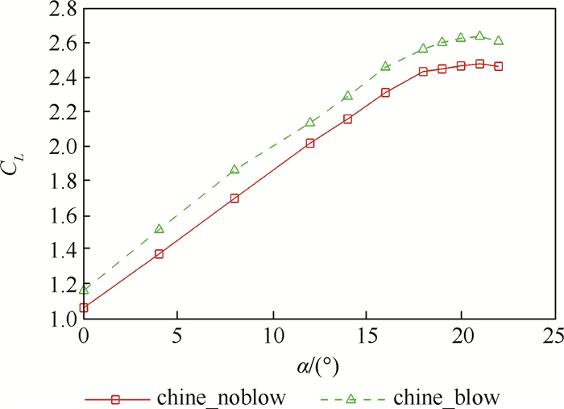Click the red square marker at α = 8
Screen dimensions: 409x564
234,198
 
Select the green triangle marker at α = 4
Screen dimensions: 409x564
159,229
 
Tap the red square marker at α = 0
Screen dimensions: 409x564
84,307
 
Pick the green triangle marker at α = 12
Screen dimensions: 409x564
310,123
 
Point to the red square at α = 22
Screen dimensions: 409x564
499,66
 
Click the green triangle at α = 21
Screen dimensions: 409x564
480,36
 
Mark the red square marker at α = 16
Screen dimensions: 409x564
385,93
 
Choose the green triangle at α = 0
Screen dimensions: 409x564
84,290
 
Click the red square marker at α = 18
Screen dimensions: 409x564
423,72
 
